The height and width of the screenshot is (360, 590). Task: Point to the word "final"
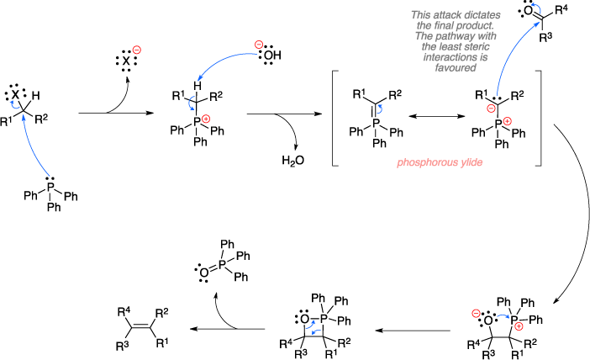(x=446, y=25)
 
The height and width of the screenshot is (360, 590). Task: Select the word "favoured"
(x=456, y=68)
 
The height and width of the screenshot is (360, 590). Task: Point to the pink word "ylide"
(x=471, y=162)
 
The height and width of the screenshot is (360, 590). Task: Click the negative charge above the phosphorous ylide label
(x=491, y=109)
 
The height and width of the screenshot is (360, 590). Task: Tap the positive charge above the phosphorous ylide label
(x=507, y=121)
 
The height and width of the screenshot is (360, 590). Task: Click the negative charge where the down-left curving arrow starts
(x=258, y=45)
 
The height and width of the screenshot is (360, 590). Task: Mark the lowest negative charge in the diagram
(x=476, y=314)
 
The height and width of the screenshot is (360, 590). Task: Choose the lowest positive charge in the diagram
(x=519, y=326)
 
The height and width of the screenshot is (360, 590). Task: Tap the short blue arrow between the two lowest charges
(x=503, y=316)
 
